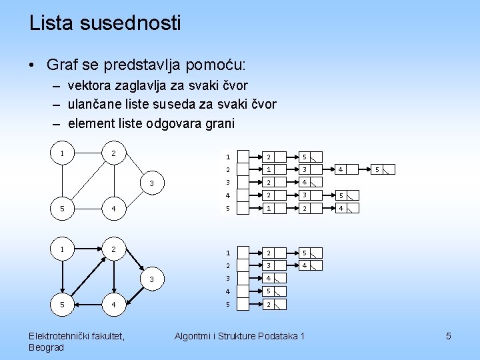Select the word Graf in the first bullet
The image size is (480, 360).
tap(62, 65)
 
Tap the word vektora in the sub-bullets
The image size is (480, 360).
tap(90, 86)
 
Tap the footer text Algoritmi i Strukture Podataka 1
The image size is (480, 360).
tap(239, 336)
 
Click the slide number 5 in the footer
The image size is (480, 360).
tap(449, 336)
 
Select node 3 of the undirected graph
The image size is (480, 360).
tap(152, 183)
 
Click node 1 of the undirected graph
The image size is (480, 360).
tap(62, 153)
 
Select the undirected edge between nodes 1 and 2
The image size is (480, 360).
tap(87, 153)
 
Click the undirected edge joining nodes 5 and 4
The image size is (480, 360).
tap(87, 208)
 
